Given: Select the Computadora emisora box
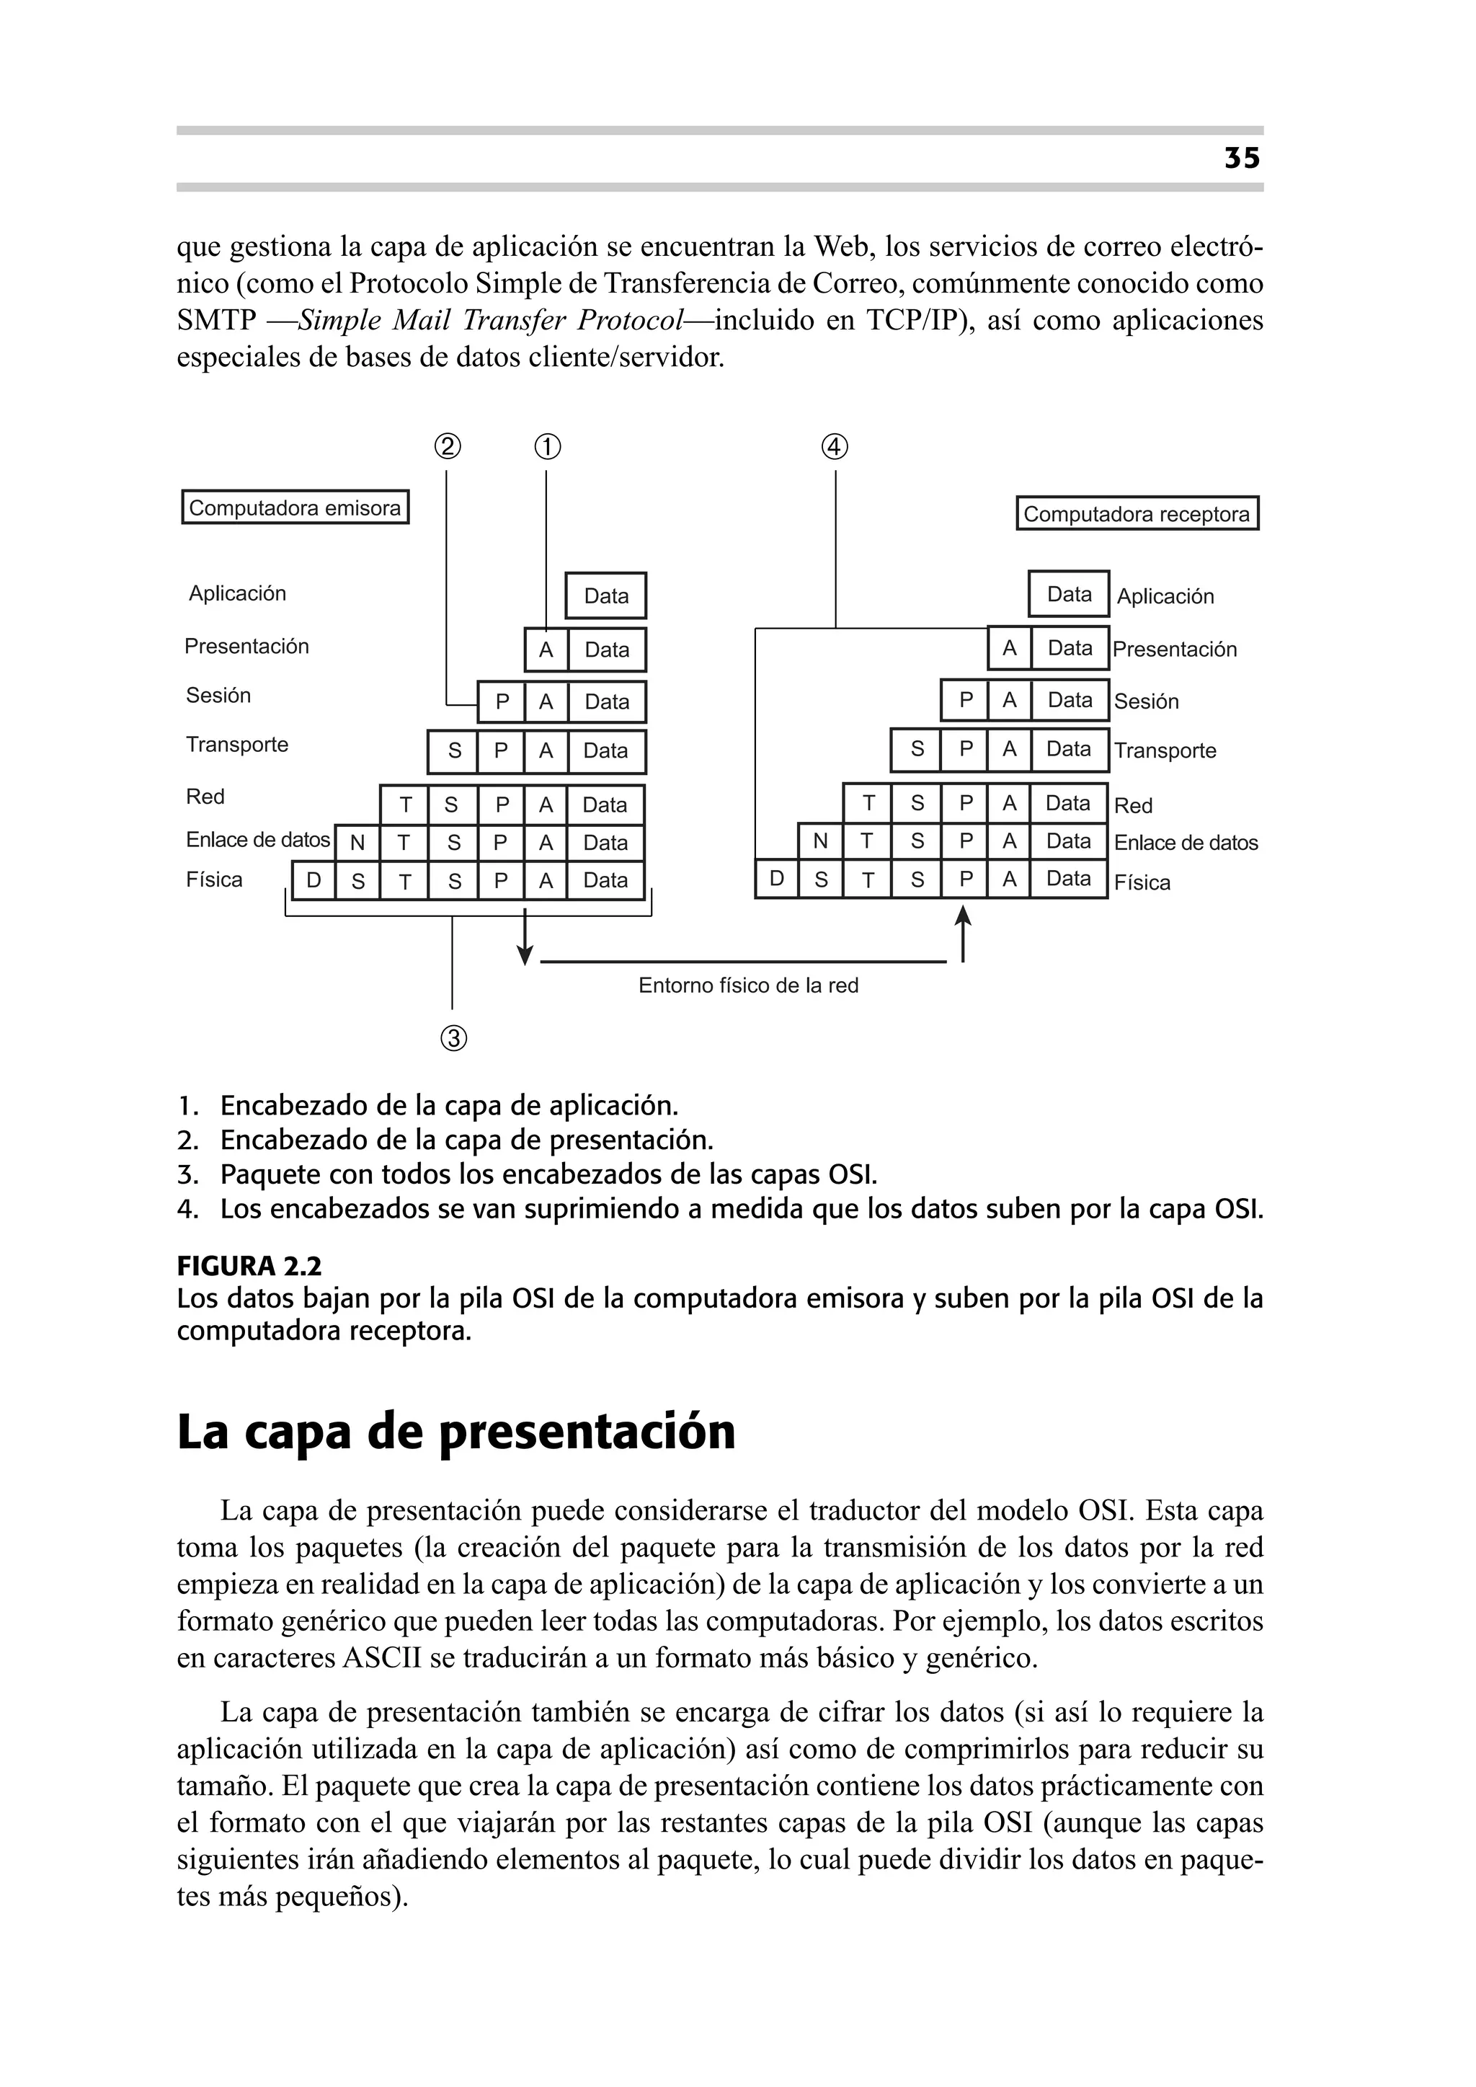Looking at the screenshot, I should [295, 508].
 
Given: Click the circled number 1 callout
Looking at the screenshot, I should [546, 447].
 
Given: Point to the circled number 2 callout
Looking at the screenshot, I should [446, 447].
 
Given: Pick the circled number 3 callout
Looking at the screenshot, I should [453, 1038].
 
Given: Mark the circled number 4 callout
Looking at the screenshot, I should [835, 447].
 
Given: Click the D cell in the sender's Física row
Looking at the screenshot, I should [314, 880].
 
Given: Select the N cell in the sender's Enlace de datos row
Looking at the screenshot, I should [357, 843].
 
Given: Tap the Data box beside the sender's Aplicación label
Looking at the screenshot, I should [605, 595].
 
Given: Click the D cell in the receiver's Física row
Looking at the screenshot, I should [776, 878].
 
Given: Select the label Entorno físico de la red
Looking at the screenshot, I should [748, 985].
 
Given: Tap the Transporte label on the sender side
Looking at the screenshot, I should [237, 745].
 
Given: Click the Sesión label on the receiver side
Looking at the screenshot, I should [1146, 701].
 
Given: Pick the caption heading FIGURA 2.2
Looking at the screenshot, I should [249, 1266].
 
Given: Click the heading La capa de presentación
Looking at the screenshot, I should [455, 1432].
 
